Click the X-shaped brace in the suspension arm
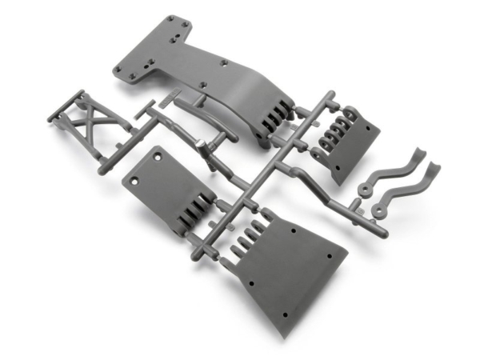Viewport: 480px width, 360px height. tap(90, 126)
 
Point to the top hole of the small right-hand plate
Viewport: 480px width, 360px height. tap(370, 131)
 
